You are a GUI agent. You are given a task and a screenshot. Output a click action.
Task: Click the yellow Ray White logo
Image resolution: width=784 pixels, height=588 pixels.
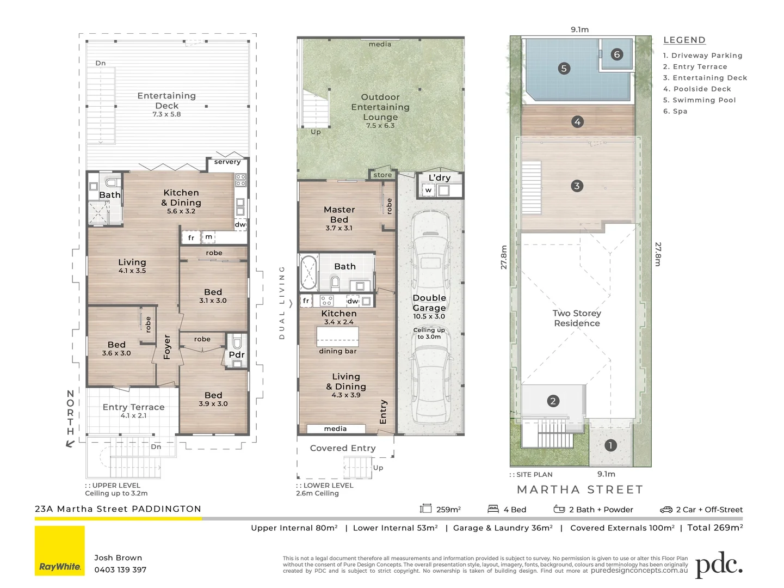point(60,550)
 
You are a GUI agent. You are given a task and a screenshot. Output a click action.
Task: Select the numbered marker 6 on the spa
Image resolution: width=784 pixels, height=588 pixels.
point(617,54)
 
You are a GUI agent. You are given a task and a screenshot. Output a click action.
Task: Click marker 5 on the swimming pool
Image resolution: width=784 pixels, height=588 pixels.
point(564,68)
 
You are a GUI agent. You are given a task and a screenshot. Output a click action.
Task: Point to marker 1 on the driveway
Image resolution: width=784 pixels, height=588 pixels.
point(610,445)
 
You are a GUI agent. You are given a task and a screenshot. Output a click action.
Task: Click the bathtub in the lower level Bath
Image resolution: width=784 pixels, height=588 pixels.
point(309,272)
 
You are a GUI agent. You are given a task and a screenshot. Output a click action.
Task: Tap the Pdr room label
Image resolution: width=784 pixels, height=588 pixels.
point(237,354)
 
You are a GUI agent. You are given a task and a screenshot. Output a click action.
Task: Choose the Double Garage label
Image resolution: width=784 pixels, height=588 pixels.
point(429,303)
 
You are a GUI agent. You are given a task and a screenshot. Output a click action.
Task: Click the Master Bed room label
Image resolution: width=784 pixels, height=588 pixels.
point(339,215)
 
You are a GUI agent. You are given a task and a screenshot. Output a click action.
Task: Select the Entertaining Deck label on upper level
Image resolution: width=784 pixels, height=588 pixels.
point(167,100)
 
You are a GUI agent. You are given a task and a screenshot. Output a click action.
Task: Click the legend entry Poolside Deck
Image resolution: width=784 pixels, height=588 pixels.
point(697,89)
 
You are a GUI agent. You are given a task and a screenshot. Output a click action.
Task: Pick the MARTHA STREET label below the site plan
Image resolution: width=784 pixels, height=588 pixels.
point(580,489)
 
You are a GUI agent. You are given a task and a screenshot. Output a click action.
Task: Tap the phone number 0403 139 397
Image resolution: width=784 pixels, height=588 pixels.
point(120,570)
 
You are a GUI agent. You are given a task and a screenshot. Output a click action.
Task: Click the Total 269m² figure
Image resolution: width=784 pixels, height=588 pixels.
point(715,528)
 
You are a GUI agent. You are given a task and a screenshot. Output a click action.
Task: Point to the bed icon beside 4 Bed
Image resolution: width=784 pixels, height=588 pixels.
point(493,509)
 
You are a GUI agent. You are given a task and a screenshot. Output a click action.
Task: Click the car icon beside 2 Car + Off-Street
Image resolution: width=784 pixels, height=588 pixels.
point(666,510)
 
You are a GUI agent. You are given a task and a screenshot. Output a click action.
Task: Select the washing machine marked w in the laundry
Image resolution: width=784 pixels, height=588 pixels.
point(428,190)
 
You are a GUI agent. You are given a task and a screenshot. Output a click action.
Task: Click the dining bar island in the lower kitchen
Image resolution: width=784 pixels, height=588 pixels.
point(337,336)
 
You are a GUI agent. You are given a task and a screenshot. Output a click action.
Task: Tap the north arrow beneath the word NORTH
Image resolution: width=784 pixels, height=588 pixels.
point(70,444)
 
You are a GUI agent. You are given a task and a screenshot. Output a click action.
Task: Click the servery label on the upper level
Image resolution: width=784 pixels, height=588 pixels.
point(227,162)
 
